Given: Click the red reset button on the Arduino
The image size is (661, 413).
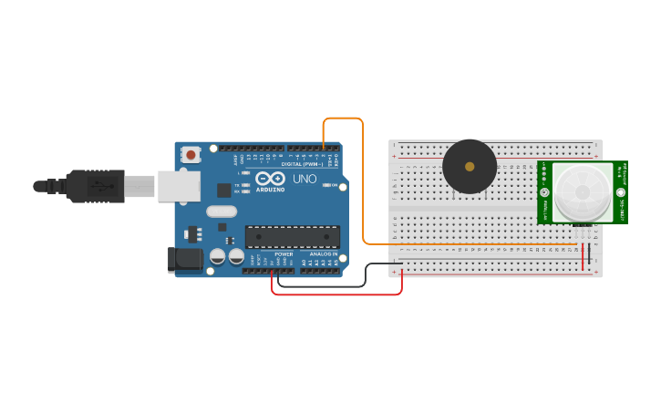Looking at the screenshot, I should point(191,155).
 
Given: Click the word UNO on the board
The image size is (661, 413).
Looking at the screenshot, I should point(305,179).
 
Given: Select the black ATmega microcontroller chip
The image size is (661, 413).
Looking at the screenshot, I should point(292,237).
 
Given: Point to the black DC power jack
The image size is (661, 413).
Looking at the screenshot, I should point(185,259).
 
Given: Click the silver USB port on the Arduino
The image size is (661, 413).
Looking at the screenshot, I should point(179,186).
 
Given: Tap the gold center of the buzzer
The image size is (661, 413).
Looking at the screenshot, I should point(470,167).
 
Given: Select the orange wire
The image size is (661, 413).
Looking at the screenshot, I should point(363,182).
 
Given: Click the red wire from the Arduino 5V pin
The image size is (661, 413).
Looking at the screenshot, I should point(337,294).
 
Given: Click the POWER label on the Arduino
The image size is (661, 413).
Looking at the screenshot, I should point(284,253).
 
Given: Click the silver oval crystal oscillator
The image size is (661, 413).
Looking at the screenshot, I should point(222,212).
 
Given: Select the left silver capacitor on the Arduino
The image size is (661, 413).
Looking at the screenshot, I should point(218,257).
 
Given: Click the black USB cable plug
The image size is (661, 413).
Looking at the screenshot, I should point(92,186).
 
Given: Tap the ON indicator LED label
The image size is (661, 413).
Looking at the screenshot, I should point(336,186).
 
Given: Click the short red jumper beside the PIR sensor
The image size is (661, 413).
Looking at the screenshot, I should point(584,256).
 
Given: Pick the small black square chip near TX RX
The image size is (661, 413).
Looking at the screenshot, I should point(224,190).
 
